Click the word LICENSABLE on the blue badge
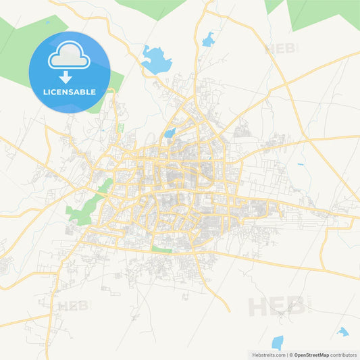[x=70, y=91]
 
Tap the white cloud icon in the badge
[x=70, y=55]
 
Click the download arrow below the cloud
[x=70, y=75]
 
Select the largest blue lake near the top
[x=156, y=59]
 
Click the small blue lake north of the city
[x=208, y=39]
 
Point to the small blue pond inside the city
[x=170, y=133]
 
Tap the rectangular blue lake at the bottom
[x=277, y=342]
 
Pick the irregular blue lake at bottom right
[x=344, y=332]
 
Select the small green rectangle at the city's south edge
[x=161, y=249]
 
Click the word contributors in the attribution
[x=344, y=355]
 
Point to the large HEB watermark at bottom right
[x=276, y=307]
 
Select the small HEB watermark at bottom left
[x=72, y=305]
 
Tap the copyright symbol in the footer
[x=291, y=355]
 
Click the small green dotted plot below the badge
[x=120, y=127]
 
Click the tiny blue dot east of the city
[x=301, y=164]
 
